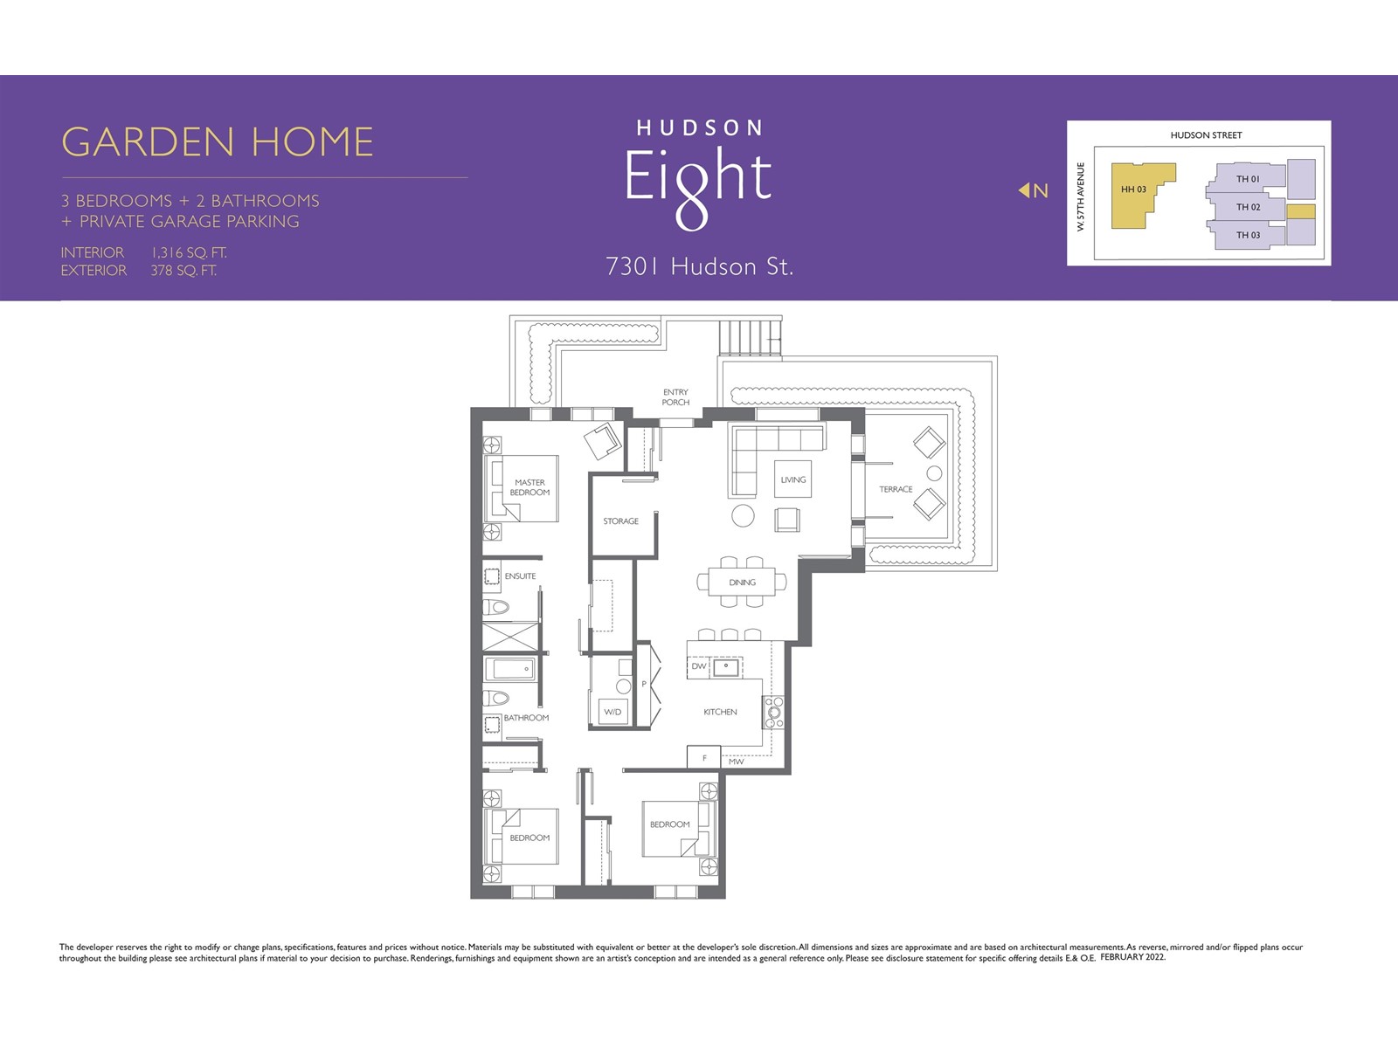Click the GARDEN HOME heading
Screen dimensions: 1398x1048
coord(218,141)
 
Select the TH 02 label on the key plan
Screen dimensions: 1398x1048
coord(1249,207)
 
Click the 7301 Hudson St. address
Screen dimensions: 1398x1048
coord(699,266)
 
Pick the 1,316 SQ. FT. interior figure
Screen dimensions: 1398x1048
coord(189,252)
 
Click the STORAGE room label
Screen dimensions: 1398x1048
coord(621,521)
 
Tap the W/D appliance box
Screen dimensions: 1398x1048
coord(612,712)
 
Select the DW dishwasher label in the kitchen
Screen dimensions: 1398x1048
coord(699,666)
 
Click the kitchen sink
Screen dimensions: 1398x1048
coord(725,667)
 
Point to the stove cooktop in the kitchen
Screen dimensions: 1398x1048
coord(774,712)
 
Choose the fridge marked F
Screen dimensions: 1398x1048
coord(703,757)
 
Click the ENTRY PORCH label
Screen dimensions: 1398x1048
coord(675,397)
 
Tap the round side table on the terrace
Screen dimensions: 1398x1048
coord(934,472)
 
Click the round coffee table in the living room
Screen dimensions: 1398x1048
coord(743,515)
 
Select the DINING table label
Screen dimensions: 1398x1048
coord(743,583)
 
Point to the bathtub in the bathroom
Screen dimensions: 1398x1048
coord(510,669)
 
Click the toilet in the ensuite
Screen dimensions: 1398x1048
coord(496,607)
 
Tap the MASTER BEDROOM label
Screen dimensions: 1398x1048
coord(529,487)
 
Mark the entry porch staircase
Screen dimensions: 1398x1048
coord(751,338)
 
